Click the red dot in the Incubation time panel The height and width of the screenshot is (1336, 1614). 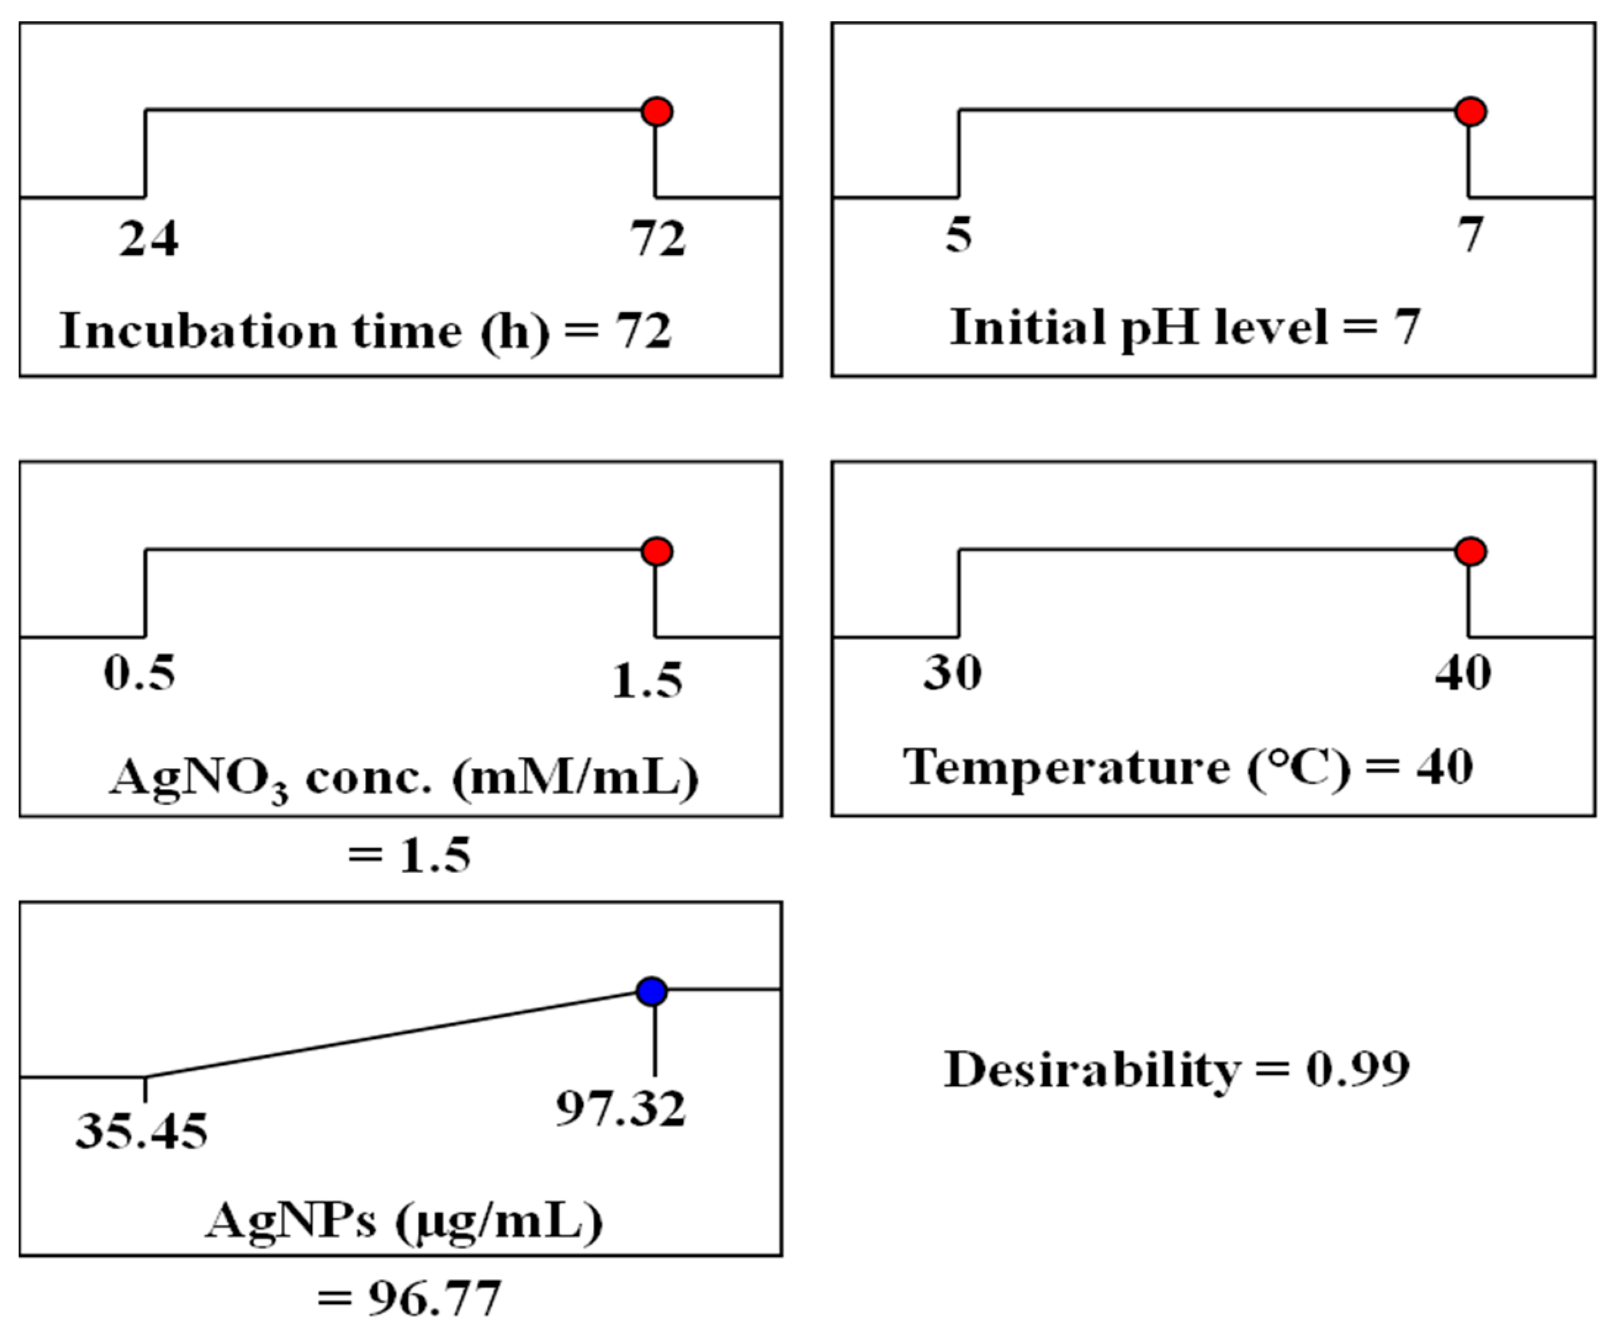click(657, 112)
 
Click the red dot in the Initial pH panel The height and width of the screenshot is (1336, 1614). click(1470, 112)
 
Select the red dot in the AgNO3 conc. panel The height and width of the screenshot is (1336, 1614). click(657, 551)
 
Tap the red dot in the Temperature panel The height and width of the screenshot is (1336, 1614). click(1470, 551)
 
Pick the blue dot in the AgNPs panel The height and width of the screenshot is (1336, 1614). click(653, 991)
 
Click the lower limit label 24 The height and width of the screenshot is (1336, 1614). click(149, 238)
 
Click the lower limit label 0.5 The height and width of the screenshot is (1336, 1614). click(139, 674)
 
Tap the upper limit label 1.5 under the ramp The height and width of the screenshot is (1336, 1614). click(647, 681)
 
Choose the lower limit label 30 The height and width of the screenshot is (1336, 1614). click(952, 674)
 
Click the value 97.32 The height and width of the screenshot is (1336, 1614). click(620, 1109)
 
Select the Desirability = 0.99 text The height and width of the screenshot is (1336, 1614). click(1176, 1069)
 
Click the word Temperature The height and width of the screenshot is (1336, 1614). click(1066, 767)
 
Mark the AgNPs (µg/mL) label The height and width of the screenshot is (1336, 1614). click(404, 1220)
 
